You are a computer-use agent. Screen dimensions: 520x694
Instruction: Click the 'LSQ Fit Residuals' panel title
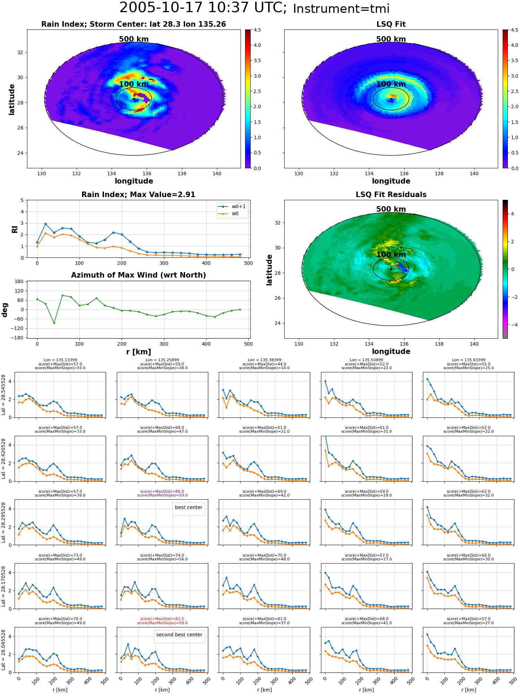pyautogui.click(x=391, y=195)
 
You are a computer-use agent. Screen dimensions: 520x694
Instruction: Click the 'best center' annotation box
pyautogui.click(x=189, y=507)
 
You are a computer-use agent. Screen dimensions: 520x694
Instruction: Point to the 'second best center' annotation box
pyautogui.click(x=179, y=635)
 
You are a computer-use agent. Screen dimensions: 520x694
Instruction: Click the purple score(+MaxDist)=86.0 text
pyautogui.click(x=162, y=491)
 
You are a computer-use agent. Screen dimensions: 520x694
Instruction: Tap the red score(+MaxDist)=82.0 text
pyautogui.click(x=162, y=619)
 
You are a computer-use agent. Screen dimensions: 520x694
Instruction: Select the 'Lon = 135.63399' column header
pyautogui.click(x=468, y=360)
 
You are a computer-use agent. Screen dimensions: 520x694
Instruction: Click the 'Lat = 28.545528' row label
pyautogui.click(x=3, y=395)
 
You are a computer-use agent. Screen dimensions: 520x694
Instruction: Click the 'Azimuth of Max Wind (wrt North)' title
pyautogui.click(x=139, y=275)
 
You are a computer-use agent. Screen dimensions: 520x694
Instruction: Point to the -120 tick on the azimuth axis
pyautogui.click(x=18, y=328)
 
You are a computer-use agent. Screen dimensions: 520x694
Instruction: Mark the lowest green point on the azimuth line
pyautogui.click(x=54, y=323)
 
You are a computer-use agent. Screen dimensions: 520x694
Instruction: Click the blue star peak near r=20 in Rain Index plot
pyautogui.click(x=45, y=224)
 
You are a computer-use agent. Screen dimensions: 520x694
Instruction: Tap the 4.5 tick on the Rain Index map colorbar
pyautogui.click(x=257, y=30)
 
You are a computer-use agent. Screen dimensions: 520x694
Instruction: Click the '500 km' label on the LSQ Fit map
pyautogui.click(x=391, y=39)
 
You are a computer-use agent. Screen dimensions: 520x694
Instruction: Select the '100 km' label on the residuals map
pyautogui.click(x=391, y=255)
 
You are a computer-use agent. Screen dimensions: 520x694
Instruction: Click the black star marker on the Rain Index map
pyautogui.click(x=134, y=99)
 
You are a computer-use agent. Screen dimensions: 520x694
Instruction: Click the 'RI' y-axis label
pyautogui.click(x=15, y=229)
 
